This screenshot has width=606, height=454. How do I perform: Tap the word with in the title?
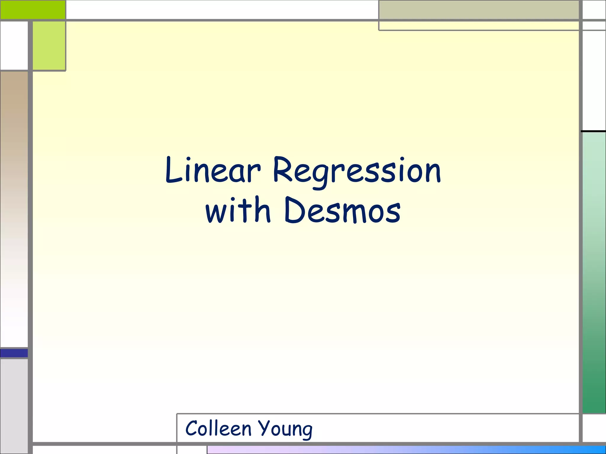(238, 210)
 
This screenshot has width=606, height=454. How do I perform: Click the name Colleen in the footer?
(218, 428)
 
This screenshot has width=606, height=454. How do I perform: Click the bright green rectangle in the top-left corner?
(33, 9)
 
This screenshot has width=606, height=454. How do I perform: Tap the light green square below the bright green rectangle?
(49, 46)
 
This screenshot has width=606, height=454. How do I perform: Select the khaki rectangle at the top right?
(478, 10)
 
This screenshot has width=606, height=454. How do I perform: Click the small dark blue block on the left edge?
(14, 353)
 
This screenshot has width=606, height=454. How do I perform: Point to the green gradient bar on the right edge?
(594, 272)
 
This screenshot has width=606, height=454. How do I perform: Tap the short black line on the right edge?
(593, 131)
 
